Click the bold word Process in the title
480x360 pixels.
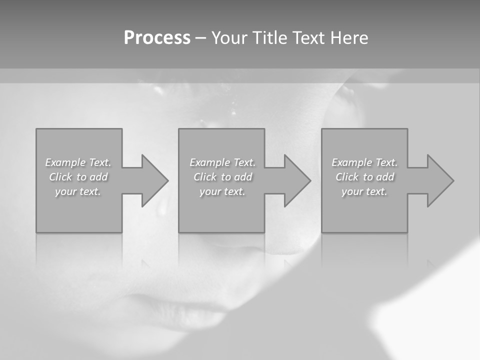click(157, 38)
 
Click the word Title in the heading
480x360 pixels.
click(270, 38)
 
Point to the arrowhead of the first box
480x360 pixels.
click(154, 180)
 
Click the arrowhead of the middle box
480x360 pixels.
click(297, 180)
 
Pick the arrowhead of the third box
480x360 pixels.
click(440, 180)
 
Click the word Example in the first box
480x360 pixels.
click(65, 162)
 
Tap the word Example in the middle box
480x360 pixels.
click(210, 162)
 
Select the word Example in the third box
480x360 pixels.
click(352, 162)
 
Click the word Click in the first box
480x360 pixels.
click(60, 177)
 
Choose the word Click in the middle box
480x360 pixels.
click(205, 177)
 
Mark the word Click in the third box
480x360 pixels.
click(347, 177)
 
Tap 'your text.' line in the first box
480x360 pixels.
click(78, 191)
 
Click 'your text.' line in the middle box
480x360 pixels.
click(222, 191)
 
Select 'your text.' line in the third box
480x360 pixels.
click(364, 191)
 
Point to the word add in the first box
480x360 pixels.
click(98, 177)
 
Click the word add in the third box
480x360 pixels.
click(385, 177)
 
